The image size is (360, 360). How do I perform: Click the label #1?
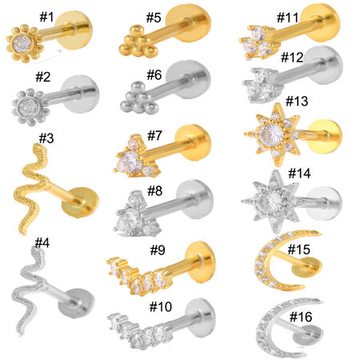point(46,17)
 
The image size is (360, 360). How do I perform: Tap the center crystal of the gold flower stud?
point(22,42)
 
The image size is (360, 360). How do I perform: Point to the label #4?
point(42,243)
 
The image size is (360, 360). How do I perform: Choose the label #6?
point(154,75)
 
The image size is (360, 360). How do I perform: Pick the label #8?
point(155,191)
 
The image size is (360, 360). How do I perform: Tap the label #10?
point(161,306)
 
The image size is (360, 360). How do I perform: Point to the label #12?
point(292,58)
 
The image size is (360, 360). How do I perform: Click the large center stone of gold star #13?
point(271,134)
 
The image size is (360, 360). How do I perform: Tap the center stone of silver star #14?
point(273,198)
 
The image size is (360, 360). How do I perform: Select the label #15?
point(299,250)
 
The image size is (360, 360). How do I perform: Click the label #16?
point(301,317)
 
